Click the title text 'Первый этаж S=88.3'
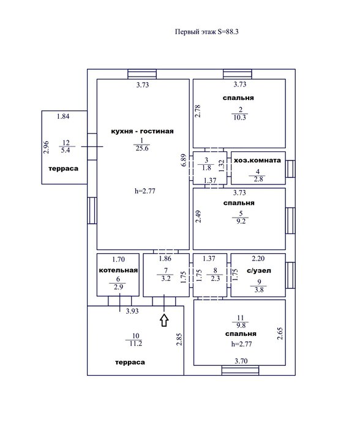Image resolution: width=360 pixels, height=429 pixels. (x=207, y=32)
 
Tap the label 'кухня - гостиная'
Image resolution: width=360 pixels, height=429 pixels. (x=142, y=131)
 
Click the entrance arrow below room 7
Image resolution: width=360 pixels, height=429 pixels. (x=164, y=320)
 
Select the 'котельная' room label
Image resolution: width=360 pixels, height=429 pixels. (x=118, y=270)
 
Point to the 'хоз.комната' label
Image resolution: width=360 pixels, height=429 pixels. (x=257, y=161)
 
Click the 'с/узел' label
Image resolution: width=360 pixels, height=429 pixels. (x=259, y=271)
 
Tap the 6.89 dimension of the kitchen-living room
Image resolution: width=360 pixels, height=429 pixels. (x=184, y=160)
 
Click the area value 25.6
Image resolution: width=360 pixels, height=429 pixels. (x=142, y=148)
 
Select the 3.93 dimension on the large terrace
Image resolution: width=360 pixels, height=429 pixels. (x=132, y=311)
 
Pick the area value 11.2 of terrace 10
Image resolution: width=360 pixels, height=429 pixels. (x=135, y=343)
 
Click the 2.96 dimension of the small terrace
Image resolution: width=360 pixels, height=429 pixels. (x=46, y=147)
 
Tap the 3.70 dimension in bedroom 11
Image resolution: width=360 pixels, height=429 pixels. (x=241, y=361)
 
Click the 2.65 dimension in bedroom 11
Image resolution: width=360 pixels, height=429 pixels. (x=280, y=334)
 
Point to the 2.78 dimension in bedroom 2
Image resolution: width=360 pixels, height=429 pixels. (x=198, y=111)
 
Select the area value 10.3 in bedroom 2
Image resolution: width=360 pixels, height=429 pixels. (x=240, y=118)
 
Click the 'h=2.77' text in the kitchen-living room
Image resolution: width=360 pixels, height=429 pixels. (x=145, y=191)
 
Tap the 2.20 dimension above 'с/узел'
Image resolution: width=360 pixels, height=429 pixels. (x=258, y=258)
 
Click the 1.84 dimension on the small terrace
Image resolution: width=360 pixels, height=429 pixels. (x=63, y=116)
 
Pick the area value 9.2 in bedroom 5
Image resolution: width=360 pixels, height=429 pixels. (x=241, y=221)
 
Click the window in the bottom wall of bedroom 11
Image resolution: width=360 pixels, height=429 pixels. (x=240, y=370)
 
